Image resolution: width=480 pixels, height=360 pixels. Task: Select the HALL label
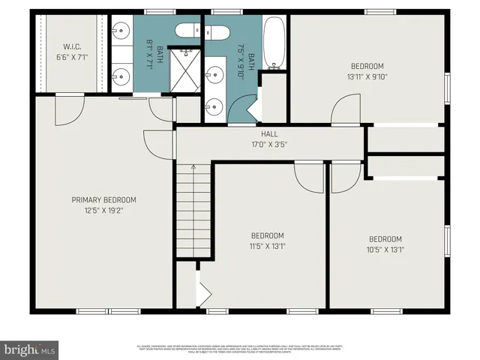tap(269, 133)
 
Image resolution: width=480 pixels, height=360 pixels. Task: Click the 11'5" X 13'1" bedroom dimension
tap(267, 245)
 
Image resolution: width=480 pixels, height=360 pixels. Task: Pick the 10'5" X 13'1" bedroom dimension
tap(385, 250)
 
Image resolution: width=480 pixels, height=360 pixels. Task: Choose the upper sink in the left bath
tap(121, 31)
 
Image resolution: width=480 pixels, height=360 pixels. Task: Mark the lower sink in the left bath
tap(121, 75)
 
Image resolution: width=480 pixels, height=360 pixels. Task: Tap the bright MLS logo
tap(30, 349)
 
